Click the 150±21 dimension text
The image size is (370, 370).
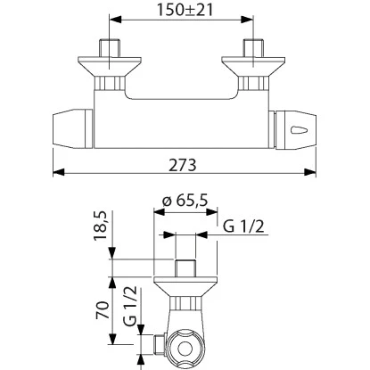[x=185, y=11]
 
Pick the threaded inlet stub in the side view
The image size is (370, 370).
[x=185, y=268]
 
